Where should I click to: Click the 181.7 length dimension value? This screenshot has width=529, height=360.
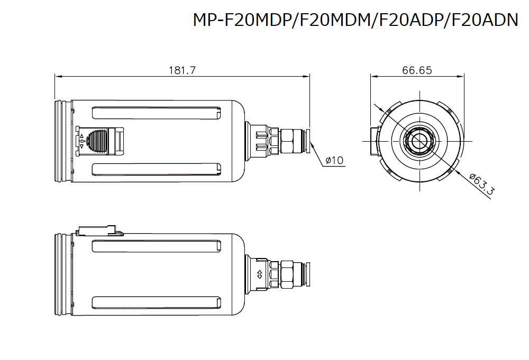click(x=183, y=70)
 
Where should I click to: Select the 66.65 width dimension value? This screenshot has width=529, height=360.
click(x=417, y=70)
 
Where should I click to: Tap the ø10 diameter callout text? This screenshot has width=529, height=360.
click(x=334, y=160)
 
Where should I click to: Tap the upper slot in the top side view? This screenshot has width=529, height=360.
click(x=157, y=113)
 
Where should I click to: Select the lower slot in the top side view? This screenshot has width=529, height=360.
click(x=157, y=169)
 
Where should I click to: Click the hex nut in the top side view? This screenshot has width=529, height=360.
click(x=289, y=141)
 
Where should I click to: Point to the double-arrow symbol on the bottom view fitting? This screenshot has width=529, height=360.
click(x=259, y=274)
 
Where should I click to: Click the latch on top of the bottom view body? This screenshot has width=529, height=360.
click(x=98, y=231)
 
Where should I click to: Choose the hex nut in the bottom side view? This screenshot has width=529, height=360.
click(x=289, y=274)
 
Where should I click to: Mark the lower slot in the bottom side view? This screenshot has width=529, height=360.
click(x=157, y=302)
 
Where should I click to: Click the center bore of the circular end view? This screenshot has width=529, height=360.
click(x=419, y=141)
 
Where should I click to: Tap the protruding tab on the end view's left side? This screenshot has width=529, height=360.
click(x=375, y=141)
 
